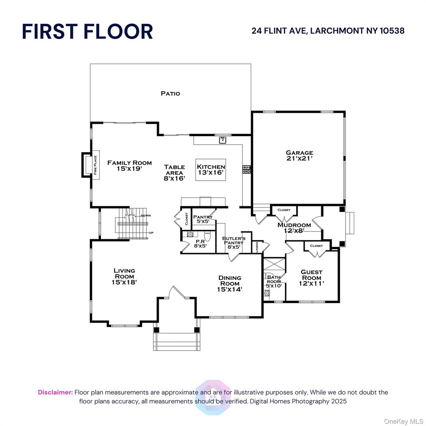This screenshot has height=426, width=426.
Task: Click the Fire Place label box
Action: point(95,165)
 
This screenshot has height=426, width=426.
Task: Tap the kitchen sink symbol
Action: point(222,140)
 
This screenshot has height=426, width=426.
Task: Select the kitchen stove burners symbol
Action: point(247,169)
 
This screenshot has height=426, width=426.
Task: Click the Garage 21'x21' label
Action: point(299,155)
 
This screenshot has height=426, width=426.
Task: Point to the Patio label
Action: point(170,93)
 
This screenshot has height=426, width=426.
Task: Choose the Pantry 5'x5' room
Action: point(203,219)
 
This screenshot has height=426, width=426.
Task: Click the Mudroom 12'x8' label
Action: point(294,228)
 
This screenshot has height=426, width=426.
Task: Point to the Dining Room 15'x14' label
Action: point(230,283)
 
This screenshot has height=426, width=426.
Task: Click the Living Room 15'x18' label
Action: point(124,276)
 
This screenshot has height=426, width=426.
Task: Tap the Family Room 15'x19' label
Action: point(124,165)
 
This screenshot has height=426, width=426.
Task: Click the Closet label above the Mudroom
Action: point(284,210)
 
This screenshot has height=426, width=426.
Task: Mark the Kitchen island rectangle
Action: point(211,170)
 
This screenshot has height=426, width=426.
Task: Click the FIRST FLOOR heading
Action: point(87,31)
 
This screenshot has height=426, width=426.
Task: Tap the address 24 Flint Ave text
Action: point(328,31)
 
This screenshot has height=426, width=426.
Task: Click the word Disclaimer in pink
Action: point(55,392)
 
